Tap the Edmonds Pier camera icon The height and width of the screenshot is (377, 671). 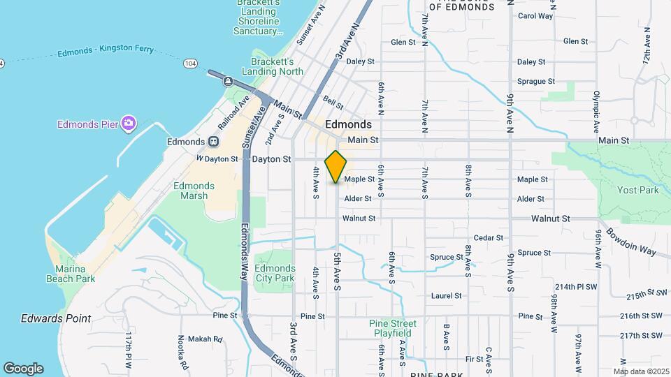(x=128, y=124)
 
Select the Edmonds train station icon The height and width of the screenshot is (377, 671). (x=213, y=141)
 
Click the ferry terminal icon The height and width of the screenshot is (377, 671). (x=228, y=81)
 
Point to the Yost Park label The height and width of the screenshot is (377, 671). (x=638, y=190)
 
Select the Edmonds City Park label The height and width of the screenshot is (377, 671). (x=275, y=273)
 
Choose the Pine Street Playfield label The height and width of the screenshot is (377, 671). (x=392, y=328)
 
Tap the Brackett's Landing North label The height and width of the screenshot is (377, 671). (x=273, y=66)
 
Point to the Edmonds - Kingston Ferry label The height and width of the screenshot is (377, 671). (x=106, y=52)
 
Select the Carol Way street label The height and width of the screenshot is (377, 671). (x=535, y=16)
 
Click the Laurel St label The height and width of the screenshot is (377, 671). (x=447, y=296)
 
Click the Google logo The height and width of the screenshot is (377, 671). (x=23, y=368)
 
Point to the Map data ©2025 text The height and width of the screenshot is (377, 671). (x=641, y=371)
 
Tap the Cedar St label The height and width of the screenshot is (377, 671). (x=489, y=238)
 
